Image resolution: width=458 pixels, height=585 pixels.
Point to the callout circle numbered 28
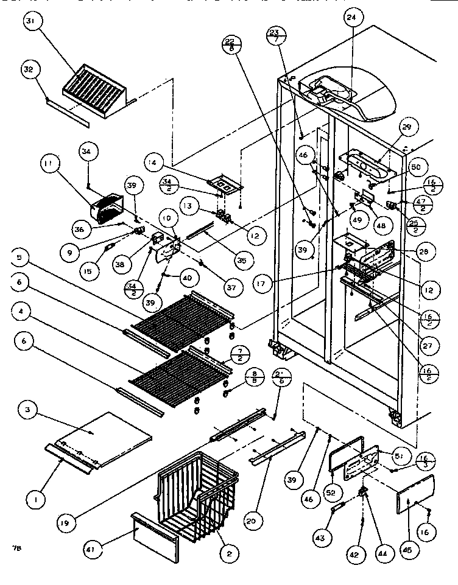click(x=427, y=251)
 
